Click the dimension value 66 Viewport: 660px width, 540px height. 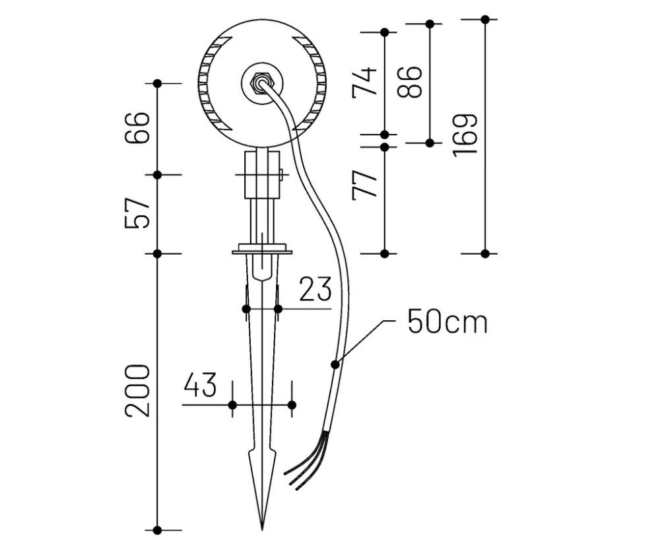point(137,129)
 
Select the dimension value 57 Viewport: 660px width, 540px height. point(137,213)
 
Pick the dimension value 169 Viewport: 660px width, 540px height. point(465,135)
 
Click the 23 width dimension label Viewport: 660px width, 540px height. point(315,289)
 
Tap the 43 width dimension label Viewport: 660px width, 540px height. point(200,385)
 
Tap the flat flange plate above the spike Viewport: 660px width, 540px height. point(262,251)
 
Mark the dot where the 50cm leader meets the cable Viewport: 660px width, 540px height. point(335,364)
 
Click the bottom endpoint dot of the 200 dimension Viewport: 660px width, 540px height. point(157,529)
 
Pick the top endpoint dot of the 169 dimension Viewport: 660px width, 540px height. point(485,20)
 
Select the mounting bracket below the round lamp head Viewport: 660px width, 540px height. point(262,174)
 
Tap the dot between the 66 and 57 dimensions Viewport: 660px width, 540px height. point(157,174)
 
